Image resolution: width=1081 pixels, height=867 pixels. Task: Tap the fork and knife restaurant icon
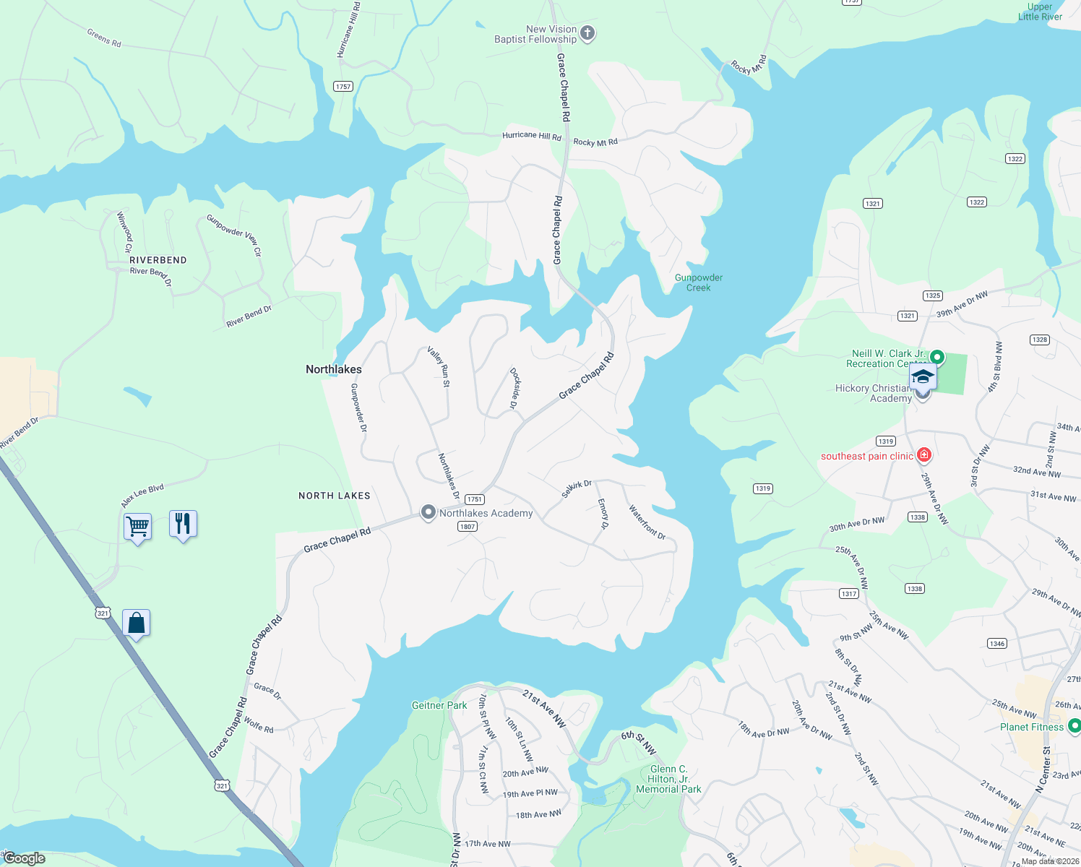(x=183, y=523)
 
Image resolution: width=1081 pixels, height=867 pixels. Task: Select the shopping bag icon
(x=137, y=623)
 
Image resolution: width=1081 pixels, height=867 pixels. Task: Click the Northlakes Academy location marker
(x=428, y=513)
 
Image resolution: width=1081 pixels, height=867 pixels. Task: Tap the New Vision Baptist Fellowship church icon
(x=587, y=33)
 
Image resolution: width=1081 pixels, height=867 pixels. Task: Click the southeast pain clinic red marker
(x=923, y=455)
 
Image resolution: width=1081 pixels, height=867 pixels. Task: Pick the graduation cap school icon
(x=923, y=378)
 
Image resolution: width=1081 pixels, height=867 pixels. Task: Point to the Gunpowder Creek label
(x=699, y=282)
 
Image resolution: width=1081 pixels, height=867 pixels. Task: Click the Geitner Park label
(x=439, y=705)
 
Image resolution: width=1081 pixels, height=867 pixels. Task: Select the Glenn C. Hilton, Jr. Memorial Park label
(x=668, y=779)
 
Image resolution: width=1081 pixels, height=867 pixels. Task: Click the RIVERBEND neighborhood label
(x=158, y=260)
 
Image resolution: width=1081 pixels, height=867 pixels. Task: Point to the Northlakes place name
(x=334, y=369)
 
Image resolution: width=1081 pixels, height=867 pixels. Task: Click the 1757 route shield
(x=343, y=87)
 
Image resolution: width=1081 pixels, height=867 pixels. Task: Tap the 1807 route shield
(x=468, y=527)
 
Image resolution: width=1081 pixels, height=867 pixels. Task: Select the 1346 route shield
(x=997, y=644)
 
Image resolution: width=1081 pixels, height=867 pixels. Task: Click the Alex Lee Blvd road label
(x=142, y=495)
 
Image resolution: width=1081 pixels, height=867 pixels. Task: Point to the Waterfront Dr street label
(x=647, y=522)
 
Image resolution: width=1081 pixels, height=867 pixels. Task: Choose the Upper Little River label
(x=1040, y=12)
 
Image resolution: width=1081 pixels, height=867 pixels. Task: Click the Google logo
(x=25, y=858)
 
